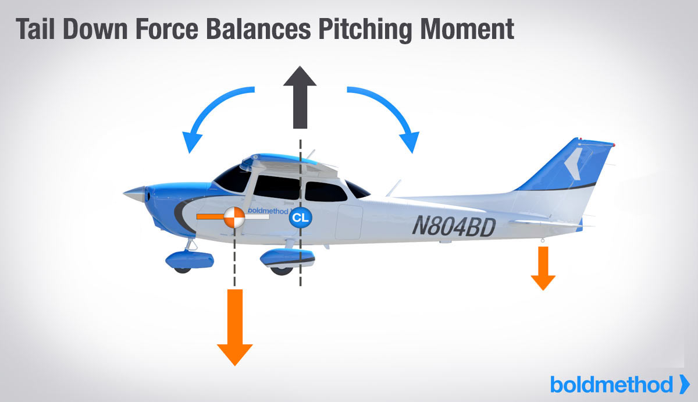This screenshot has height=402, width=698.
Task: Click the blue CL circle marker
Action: pyautogui.click(x=300, y=218)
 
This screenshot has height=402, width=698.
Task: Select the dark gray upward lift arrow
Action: pyautogui.click(x=300, y=96)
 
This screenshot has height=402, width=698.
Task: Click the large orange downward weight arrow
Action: pyautogui.click(x=235, y=326)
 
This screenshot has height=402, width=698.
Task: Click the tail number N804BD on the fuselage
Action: pyautogui.click(x=454, y=224)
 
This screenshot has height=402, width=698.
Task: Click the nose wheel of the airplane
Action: pyautogui.click(x=181, y=265)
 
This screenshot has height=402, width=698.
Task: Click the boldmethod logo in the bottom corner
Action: pyautogui.click(x=619, y=384)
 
